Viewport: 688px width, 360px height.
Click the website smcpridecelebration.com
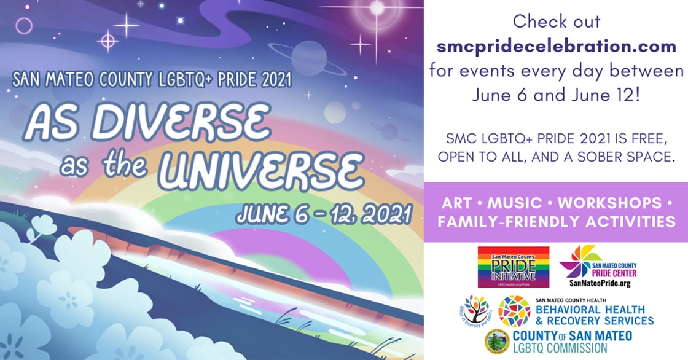(556, 45)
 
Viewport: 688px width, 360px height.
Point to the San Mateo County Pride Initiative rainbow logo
(513, 267)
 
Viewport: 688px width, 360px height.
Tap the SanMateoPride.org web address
(595, 283)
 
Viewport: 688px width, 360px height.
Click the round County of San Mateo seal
(496, 342)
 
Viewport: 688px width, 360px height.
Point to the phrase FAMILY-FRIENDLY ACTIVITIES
(556, 222)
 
